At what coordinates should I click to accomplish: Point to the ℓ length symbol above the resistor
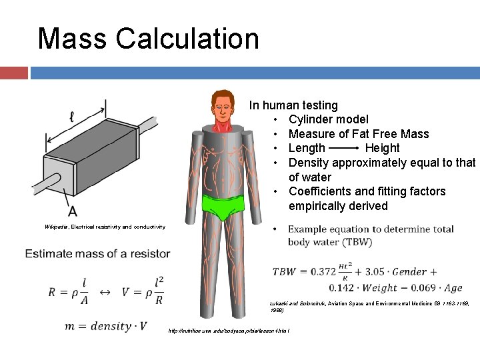pos(71,117)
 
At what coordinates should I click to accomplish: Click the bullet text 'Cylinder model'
pos(328,119)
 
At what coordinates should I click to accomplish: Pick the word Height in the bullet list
pos(382,148)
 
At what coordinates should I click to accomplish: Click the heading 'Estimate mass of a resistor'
pos(97,253)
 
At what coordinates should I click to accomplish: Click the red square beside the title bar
pos(13,72)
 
